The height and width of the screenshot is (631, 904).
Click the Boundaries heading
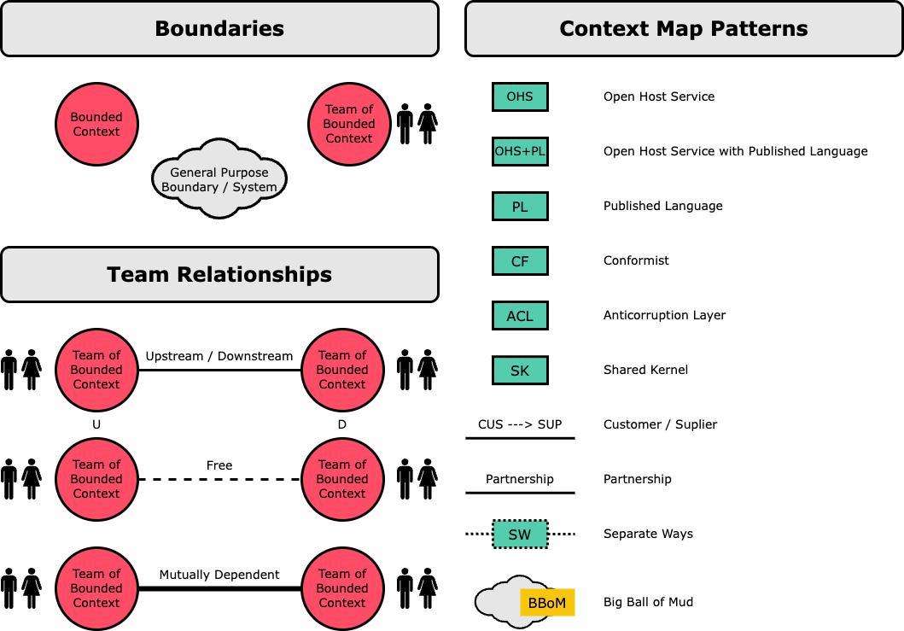tap(219, 28)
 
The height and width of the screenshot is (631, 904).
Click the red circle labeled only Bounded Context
tap(96, 124)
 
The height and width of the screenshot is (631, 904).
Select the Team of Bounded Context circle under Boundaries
tap(349, 124)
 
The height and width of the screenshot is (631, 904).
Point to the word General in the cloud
tap(193, 172)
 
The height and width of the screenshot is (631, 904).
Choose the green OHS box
tap(520, 96)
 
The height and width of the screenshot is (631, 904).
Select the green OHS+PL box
tap(520, 151)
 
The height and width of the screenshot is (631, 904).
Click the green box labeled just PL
tap(520, 206)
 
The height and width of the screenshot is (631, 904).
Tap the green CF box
tap(520, 260)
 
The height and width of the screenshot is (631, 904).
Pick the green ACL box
tap(520, 315)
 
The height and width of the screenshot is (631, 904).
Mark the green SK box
tap(520, 370)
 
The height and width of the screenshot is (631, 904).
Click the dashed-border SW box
tap(520, 535)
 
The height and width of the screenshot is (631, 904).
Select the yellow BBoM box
tap(547, 603)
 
